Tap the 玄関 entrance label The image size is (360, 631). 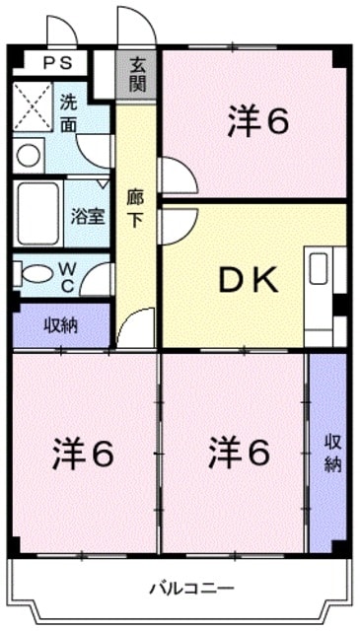(137, 76)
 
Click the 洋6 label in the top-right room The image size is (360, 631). (257, 122)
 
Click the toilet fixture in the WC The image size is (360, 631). (36, 273)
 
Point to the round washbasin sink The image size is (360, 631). (29, 156)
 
